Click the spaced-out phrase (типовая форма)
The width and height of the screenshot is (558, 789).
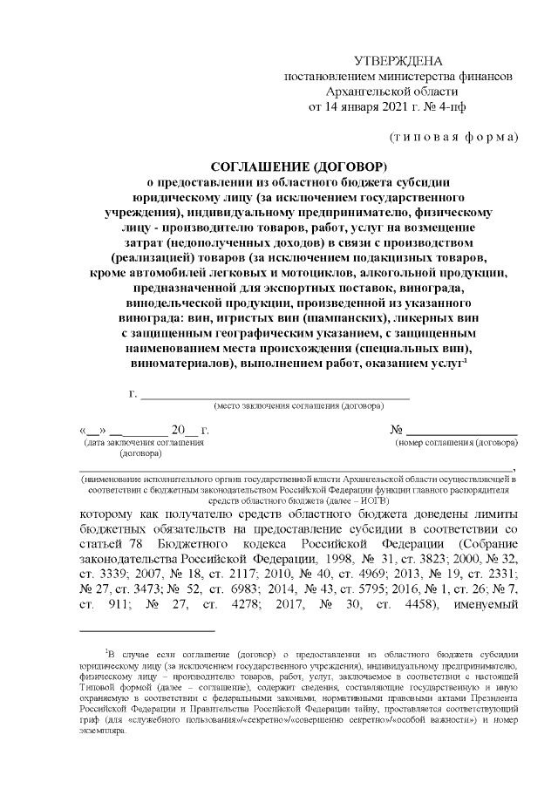click(x=453, y=136)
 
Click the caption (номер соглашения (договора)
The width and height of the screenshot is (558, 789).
click(x=458, y=443)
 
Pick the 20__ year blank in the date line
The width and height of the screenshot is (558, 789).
click(x=184, y=430)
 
